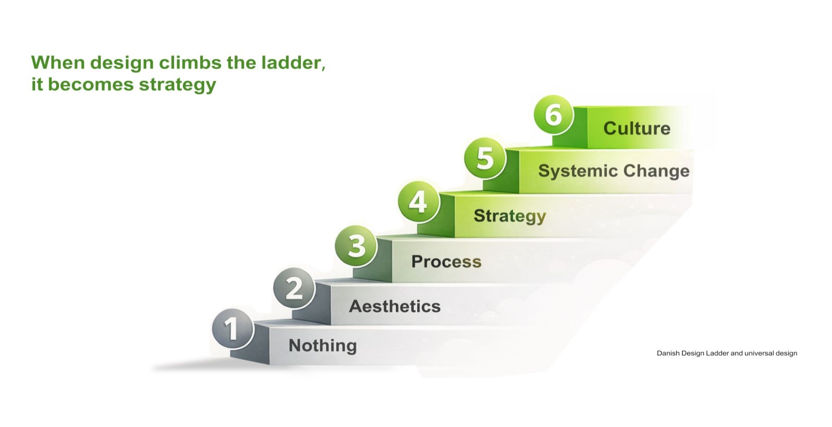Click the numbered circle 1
tap(233, 329)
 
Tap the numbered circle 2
tap(294, 288)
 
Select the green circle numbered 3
tap(356, 246)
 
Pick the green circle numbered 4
tap(419, 202)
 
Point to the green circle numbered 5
tap(485, 158)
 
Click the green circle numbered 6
tap(554, 115)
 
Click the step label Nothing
tap(323, 345)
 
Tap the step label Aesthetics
tap(395, 307)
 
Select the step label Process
tap(446, 261)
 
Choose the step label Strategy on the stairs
tap(510, 216)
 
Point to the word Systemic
tap(578, 171)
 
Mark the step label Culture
tap(637, 129)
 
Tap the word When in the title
tap(58, 62)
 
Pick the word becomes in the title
tap(90, 84)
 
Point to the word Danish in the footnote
tap(668, 353)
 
